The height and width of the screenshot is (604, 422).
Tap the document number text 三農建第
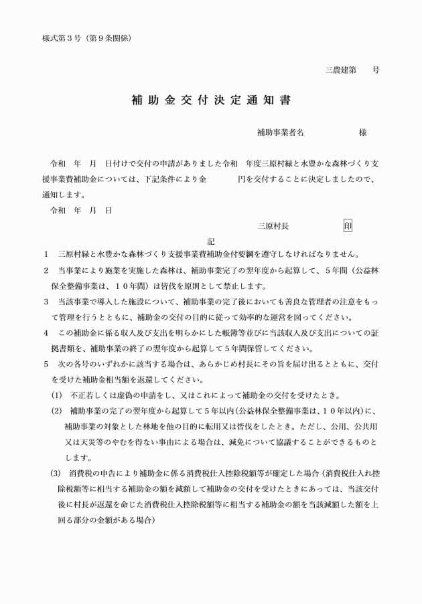341,70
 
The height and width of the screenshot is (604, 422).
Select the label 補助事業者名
280,132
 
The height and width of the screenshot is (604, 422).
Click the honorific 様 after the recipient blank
362,132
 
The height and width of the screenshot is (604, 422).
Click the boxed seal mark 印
348,226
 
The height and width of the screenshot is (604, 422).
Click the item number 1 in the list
46,255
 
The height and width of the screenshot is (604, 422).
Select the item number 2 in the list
46,270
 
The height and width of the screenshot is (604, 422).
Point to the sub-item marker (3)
56,474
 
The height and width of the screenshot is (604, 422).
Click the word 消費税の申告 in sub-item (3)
94,474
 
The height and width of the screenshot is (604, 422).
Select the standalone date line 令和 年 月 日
80,211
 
